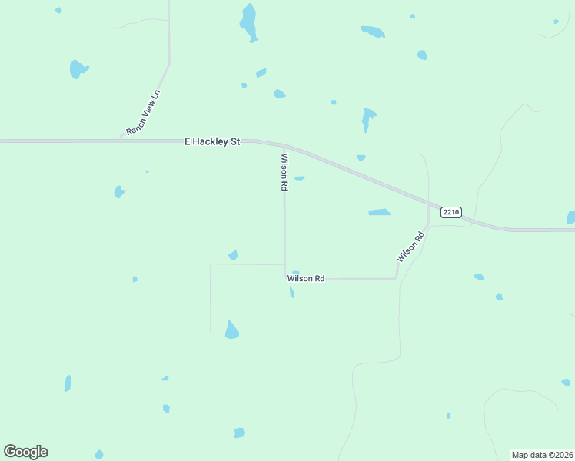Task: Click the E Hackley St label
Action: [x=213, y=142]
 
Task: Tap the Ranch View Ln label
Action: [x=144, y=114]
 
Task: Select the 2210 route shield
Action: [x=450, y=211]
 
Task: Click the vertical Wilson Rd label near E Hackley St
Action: [x=284, y=172]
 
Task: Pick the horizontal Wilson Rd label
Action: [x=306, y=278]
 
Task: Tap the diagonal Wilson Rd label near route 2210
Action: [x=410, y=247]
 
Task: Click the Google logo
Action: [x=25, y=452]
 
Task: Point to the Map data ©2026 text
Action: [x=543, y=455]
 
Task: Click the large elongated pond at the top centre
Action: [x=248, y=22]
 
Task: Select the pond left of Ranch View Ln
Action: [x=78, y=69]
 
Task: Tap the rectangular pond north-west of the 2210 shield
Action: [x=379, y=212]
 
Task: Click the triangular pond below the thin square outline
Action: [x=231, y=330]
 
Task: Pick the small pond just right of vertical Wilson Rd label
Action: [x=299, y=178]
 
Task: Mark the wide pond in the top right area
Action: [x=373, y=32]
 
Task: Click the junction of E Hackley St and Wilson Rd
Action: [x=284, y=146]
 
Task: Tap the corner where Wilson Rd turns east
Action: [x=285, y=278]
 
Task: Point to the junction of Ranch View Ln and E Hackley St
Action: [x=123, y=141]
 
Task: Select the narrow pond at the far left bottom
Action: [x=68, y=383]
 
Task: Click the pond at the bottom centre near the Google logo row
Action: [x=239, y=433]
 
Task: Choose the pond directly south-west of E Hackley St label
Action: [x=119, y=191]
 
